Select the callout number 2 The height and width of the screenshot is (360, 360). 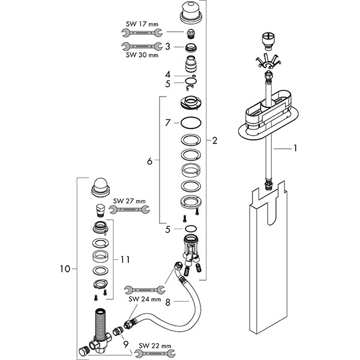pos(214,142)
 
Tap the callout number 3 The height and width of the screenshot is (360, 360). pos(168,46)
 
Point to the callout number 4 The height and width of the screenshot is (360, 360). pos(168,74)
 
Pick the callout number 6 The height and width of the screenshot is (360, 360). pos(149,160)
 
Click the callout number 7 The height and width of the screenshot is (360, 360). pos(168,122)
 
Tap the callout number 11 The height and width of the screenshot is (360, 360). pos(125,260)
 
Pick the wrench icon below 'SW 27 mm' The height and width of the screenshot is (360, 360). pos(130,209)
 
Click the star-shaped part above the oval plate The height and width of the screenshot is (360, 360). pos(268,61)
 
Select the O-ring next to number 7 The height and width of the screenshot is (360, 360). pos(191,124)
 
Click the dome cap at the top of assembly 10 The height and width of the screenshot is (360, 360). pos(100,185)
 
